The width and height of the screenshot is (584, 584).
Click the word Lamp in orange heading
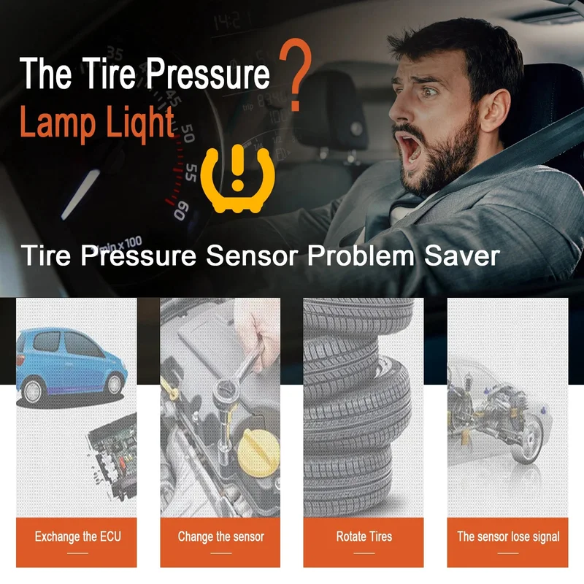point(58,121)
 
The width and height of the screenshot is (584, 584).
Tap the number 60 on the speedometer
point(181,210)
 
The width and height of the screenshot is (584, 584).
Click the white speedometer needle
point(81,194)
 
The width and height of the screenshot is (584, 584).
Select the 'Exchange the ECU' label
point(78,537)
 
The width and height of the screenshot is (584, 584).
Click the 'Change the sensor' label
point(221,537)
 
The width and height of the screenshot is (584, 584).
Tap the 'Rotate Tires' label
point(364,537)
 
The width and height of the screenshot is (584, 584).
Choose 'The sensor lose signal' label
point(508,537)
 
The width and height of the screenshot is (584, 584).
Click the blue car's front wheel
point(115,384)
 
